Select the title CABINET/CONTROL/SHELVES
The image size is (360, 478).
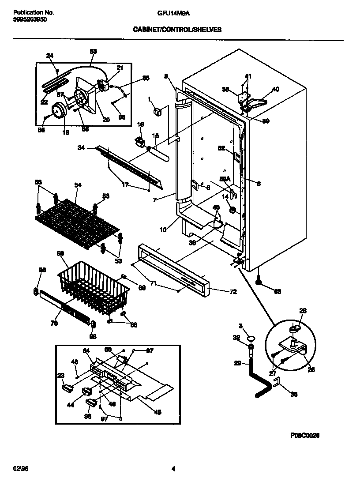(x=177, y=30)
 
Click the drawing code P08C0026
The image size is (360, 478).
(x=304, y=435)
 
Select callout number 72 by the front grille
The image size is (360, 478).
(x=233, y=292)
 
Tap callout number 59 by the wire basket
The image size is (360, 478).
(x=60, y=253)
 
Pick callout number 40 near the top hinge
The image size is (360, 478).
(x=276, y=89)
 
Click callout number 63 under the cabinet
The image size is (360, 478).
(x=277, y=291)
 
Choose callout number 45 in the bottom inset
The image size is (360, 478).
(x=157, y=412)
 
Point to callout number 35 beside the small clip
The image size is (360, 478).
(x=293, y=394)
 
